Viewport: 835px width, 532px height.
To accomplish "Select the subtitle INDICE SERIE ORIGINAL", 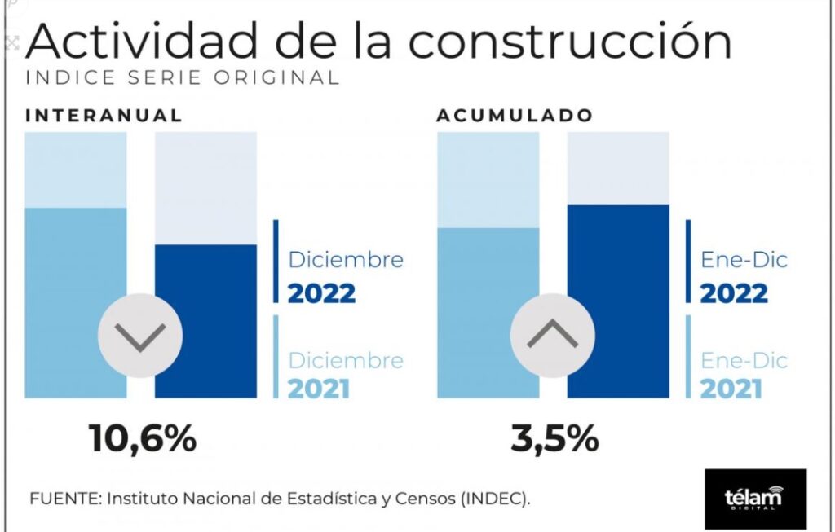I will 182,78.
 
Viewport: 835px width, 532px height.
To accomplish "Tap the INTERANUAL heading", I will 104,116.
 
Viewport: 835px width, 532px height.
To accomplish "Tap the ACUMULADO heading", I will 515,116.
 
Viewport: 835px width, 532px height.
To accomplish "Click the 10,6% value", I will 143,439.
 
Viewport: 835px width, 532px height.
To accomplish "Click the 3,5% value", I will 555,439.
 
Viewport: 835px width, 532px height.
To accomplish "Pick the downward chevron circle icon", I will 140,335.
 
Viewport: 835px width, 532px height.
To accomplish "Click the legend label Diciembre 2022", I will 345,276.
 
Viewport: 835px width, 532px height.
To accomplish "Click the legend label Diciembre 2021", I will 345,373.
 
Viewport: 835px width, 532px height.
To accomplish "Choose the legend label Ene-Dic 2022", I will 744,276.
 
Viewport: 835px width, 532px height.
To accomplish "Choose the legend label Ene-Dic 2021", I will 744,373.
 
